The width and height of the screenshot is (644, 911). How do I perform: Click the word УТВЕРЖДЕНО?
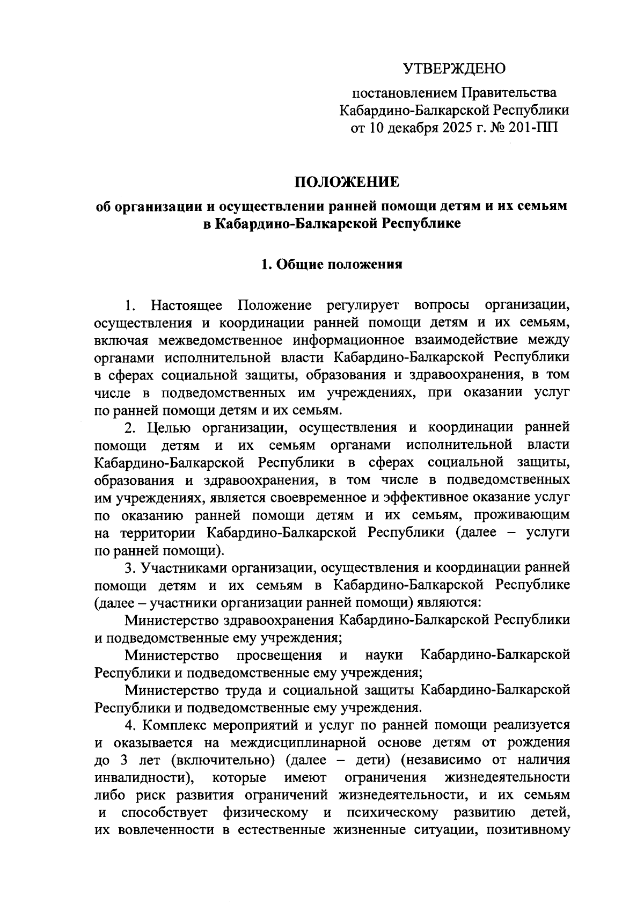454,69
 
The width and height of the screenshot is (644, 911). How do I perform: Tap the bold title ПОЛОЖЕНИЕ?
347,183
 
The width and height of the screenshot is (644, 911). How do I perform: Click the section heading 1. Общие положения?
331,264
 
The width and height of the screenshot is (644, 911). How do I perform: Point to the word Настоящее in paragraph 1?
187,305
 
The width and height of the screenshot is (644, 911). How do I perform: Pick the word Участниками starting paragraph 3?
175,567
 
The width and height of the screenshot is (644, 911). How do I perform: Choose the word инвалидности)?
144,778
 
